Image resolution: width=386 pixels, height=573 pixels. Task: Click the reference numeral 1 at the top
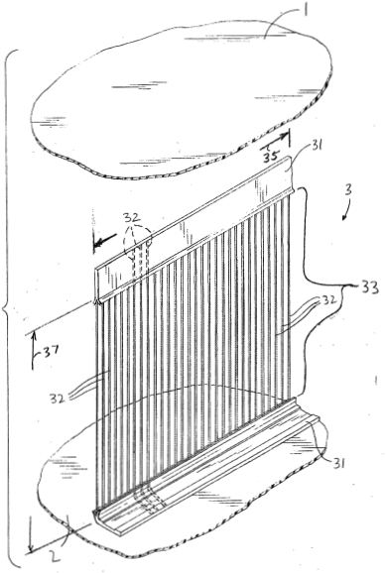305,8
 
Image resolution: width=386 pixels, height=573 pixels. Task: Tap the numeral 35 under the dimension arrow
270,157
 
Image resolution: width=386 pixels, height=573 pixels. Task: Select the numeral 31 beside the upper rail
317,146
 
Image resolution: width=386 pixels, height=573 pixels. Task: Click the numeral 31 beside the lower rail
338,463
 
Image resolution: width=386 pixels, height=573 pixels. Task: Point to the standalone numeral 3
348,189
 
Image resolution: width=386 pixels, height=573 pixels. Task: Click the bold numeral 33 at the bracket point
370,286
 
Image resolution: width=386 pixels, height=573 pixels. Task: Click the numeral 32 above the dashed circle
132,218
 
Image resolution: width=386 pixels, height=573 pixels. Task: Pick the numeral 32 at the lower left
58,398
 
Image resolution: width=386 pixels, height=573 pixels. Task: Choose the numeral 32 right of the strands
328,300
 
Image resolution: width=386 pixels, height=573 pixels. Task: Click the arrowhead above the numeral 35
286,137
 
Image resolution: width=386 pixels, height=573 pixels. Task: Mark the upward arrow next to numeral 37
34,349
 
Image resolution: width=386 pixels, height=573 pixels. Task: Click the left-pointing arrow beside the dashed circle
105,241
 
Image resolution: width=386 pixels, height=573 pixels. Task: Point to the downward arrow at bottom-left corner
31,534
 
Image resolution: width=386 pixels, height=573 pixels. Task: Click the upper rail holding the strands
193,228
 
